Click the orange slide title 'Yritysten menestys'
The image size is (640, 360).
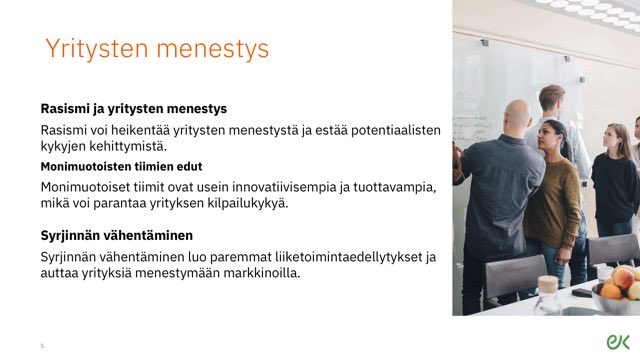coord(156,49)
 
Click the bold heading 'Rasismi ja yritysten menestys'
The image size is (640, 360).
coord(133,108)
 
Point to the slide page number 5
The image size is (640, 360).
coord(42,346)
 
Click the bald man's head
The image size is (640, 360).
coord(517,114)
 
